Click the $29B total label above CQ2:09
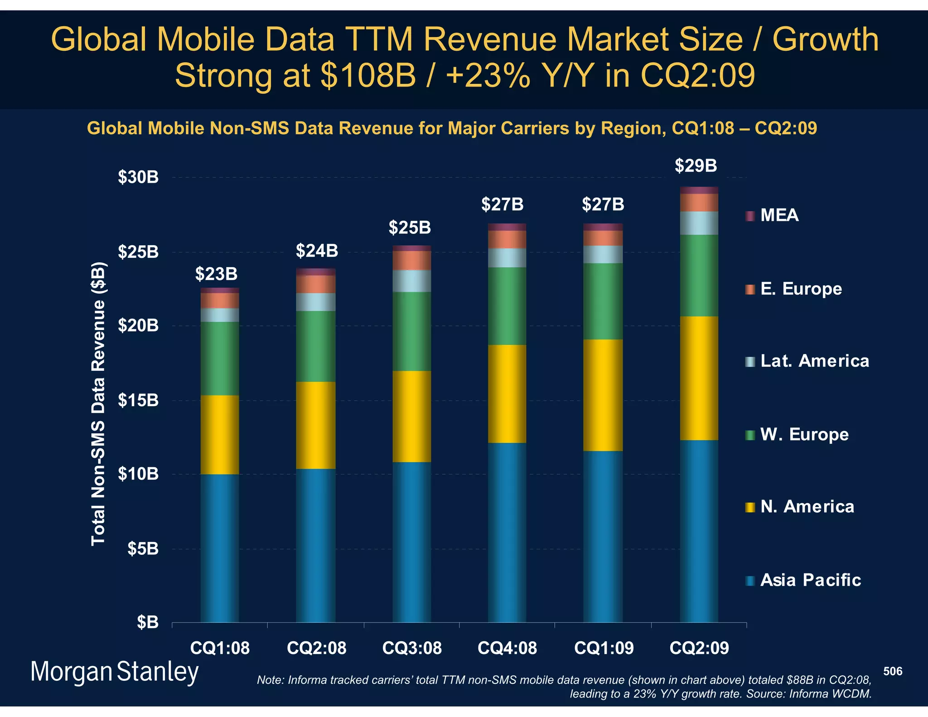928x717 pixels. point(696,166)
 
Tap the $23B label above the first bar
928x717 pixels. point(216,274)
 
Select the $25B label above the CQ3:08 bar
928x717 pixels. point(410,228)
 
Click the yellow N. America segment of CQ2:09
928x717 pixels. point(699,378)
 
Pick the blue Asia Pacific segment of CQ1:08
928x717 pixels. point(220,548)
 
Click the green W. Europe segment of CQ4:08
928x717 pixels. point(507,306)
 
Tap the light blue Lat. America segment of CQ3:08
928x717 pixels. point(411,281)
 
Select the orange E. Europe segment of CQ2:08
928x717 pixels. point(316,284)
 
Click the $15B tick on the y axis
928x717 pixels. point(138,401)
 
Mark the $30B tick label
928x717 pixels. point(138,177)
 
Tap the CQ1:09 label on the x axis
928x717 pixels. point(604,648)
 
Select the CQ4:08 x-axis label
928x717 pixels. point(507,648)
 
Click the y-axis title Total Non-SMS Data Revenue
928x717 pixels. point(98,403)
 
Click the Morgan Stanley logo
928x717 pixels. point(115,672)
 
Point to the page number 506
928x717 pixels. point(893,671)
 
